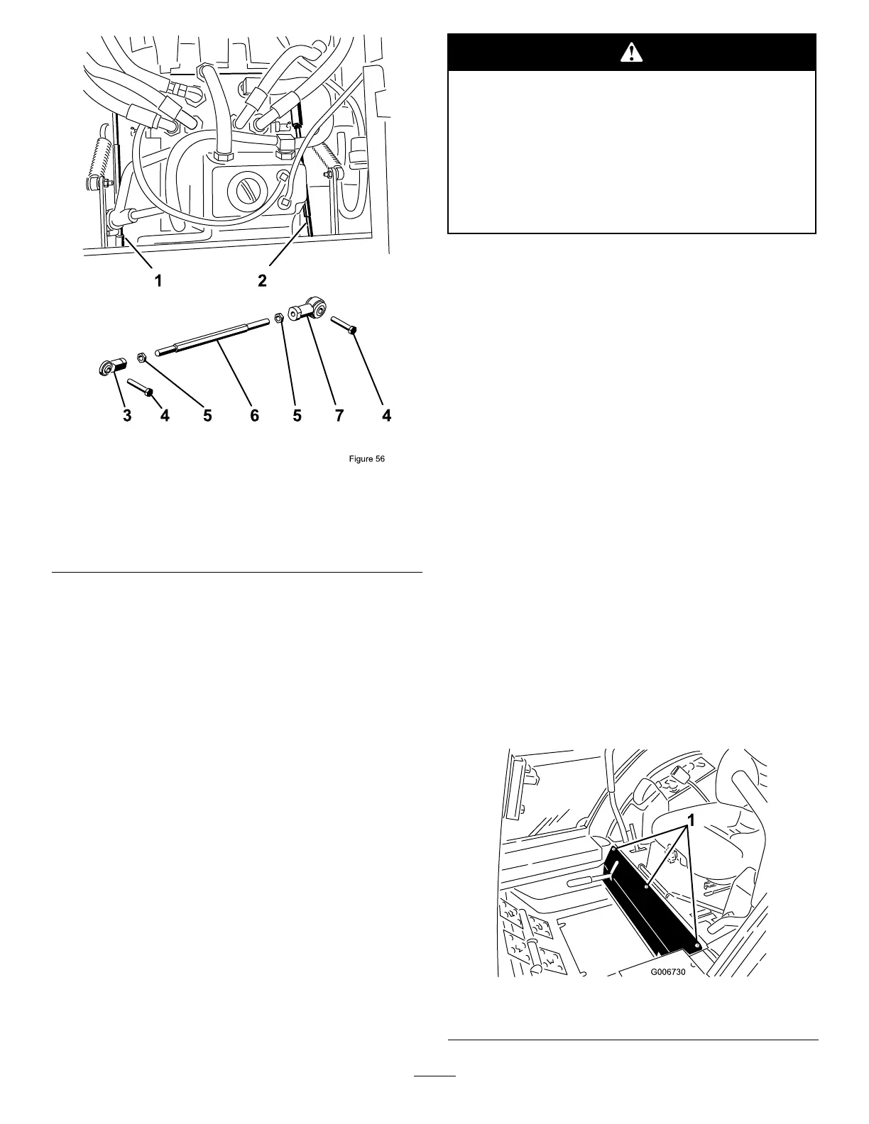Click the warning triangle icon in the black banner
pos(631,52)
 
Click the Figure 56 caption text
pos(366,459)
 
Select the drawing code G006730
pos(668,974)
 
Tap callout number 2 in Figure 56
pos(262,281)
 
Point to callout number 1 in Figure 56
pos(159,281)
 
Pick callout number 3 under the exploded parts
pos(127,417)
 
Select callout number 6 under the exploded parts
pos(254,417)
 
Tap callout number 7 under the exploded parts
pos(339,417)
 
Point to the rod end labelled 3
pos(111,368)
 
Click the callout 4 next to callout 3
pos(165,417)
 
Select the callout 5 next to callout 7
pos(297,417)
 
